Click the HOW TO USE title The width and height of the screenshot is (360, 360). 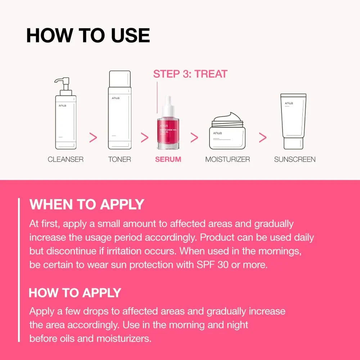point(88,35)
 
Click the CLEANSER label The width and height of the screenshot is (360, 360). point(66,159)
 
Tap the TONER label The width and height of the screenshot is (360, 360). point(120,159)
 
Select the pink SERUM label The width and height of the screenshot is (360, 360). point(168,159)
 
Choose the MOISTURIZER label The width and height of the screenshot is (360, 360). point(228,159)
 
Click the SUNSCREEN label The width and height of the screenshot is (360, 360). point(295,159)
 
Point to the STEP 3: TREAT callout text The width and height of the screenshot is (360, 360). point(190,74)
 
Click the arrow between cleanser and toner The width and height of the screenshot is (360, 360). point(93,137)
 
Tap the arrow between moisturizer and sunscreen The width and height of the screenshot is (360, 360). point(263,137)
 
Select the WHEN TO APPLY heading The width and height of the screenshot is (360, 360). point(87,204)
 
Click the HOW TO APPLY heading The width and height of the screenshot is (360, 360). point(75,293)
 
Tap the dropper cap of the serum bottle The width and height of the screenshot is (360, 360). point(167,104)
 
